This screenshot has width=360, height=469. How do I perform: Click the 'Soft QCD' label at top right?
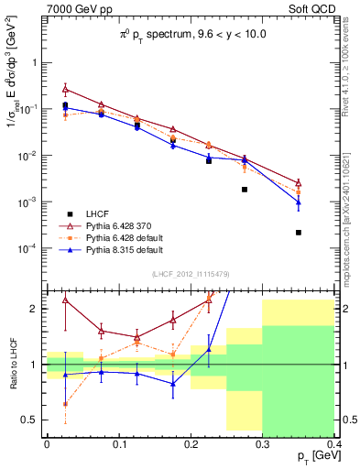tap(324, 10)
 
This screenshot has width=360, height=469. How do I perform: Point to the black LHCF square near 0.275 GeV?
tap(245, 190)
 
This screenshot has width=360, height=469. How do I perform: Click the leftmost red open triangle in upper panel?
tap(65, 89)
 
